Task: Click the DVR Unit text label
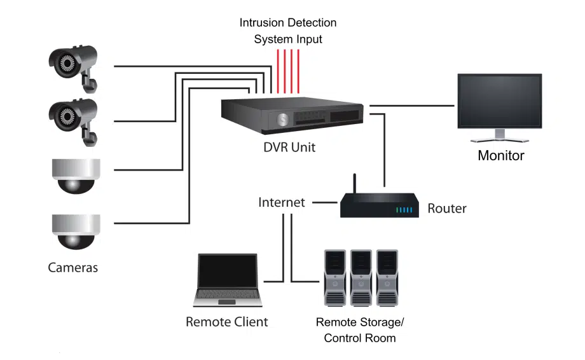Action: pos(289,148)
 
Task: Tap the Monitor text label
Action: pos(501,155)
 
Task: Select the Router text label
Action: pos(446,208)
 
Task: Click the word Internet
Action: pos(281,203)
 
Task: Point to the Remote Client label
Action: pos(226,322)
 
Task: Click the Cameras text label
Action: pos(73,267)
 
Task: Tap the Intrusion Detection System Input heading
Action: pos(288,31)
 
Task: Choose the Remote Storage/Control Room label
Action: pos(359,329)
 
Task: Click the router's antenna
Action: pos(355,183)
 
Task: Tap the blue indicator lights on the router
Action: pos(404,210)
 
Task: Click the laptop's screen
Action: pos(227,271)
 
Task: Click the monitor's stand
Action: pos(500,135)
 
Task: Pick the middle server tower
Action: pos(360,277)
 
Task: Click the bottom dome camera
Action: pos(76,232)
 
